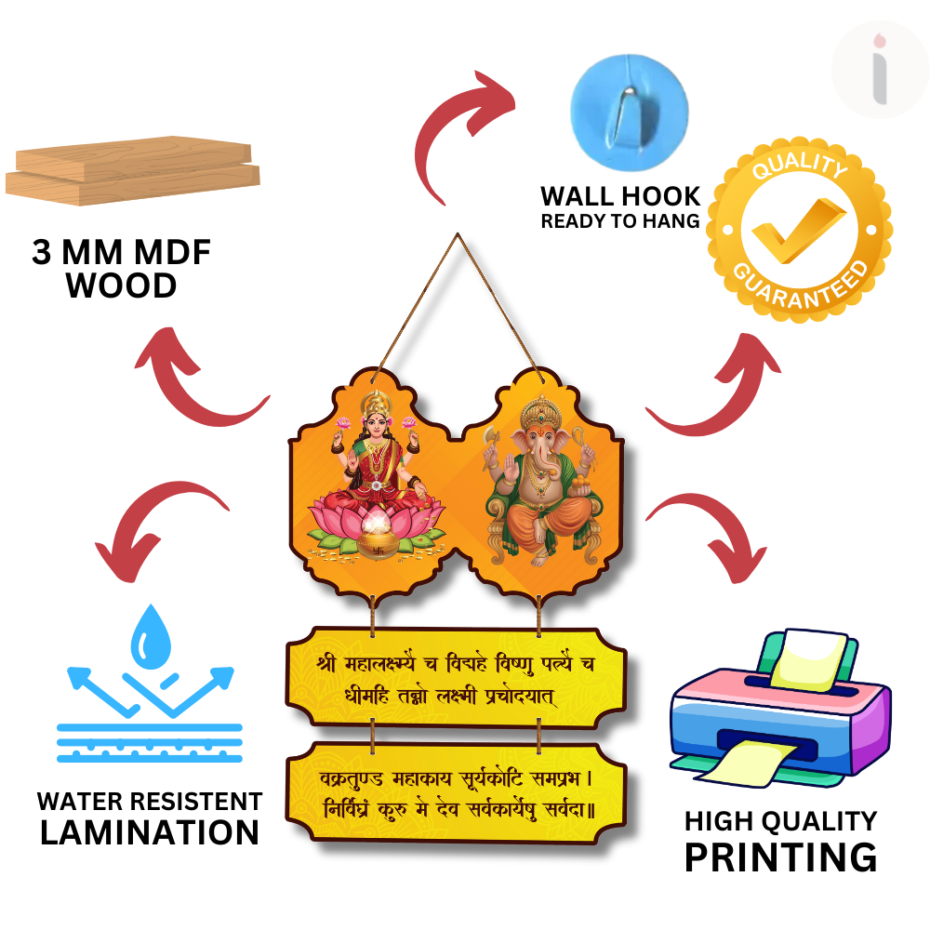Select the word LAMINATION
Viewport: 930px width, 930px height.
click(x=150, y=832)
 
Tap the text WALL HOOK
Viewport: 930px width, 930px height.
click(x=620, y=196)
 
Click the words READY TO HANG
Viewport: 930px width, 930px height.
click(x=620, y=221)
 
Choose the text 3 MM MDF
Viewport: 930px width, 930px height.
click(x=122, y=253)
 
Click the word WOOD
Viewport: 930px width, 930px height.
click(x=122, y=286)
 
